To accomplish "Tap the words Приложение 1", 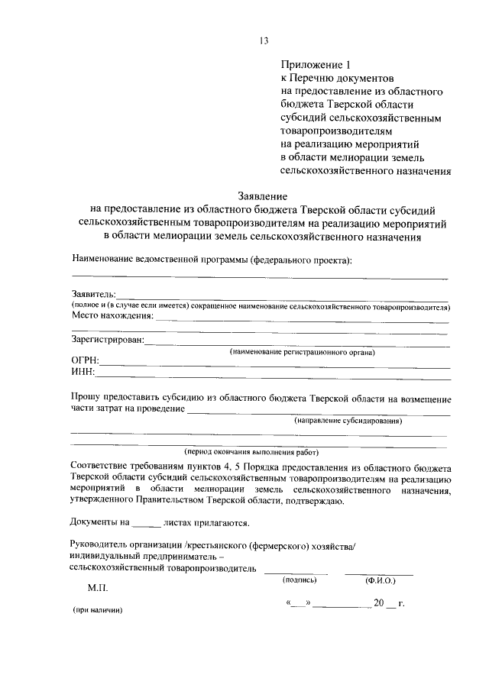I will click(311, 66).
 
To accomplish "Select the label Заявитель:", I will click(94, 294).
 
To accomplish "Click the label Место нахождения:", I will click(112, 315).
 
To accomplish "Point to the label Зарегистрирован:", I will click(107, 341).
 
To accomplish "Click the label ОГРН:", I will click(86, 360).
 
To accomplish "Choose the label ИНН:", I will click(83, 372).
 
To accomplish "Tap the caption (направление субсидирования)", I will click(348, 421).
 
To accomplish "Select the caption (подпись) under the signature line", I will click(295, 580).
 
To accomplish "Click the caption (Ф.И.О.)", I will click(380, 580).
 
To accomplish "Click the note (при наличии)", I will click(97, 611).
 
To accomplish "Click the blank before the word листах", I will click(147, 525).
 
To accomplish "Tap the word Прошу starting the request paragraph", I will click(86, 399).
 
